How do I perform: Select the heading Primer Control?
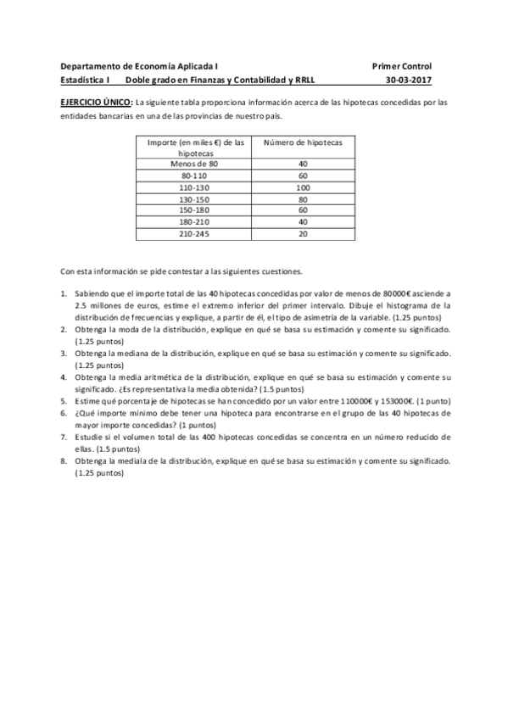402,65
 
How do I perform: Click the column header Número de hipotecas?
303,142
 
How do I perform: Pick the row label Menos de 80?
194,164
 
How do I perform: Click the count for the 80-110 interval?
303,175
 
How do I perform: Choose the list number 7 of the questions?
64,436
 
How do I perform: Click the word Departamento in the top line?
91,65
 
